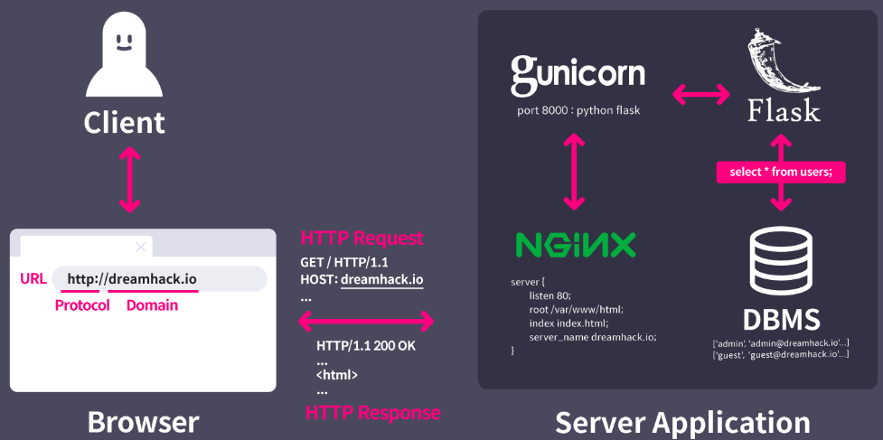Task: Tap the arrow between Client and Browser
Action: [x=131, y=180]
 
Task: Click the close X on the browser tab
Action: [x=140, y=246]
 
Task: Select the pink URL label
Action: [x=33, y=278]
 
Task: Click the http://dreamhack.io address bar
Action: [x=159, y=279]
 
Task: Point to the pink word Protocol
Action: [x=82, y=305]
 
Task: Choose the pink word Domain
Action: [x=152, y=305]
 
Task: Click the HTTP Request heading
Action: [x=362, y=239]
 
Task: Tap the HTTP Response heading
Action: [x=373, y=413]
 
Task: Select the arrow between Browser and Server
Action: [x=366, y=321]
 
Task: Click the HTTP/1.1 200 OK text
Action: [x=366, y=346]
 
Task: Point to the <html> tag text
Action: [x=337, y=376]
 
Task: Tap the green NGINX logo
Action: [x=576, y=244]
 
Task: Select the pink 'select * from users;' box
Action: [x=781, y=172]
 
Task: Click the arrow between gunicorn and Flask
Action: [x=700, y=93]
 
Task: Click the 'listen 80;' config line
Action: [x=550, y=295]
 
